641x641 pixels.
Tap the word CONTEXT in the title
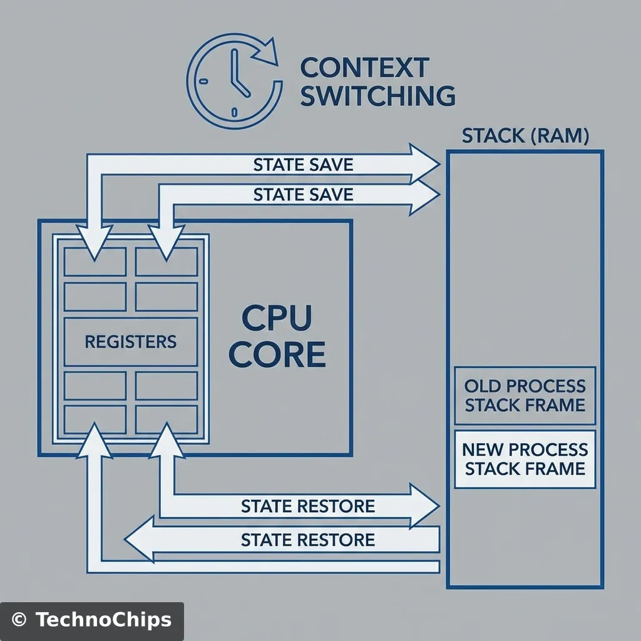click(365, 67)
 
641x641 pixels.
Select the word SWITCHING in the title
click(377, 96)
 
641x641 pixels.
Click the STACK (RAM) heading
click(525, 136)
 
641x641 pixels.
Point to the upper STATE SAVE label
click(303, 165)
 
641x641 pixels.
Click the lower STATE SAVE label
click(303, 194)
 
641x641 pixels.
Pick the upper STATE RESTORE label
click(307, 505)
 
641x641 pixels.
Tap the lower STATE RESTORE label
click(307, 539)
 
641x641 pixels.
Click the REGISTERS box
click(131, 342)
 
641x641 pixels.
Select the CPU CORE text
click(277, 337)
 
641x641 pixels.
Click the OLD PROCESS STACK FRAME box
click(525, 395)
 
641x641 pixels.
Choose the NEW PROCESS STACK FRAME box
click(525, 458)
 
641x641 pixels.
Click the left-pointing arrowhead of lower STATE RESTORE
click(139, 539)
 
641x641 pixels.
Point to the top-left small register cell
click(96, 262)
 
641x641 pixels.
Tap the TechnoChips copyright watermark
click(92, 620)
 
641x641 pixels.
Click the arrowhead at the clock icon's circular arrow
click(268, 50)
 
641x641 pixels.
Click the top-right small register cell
click(167, 262)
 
